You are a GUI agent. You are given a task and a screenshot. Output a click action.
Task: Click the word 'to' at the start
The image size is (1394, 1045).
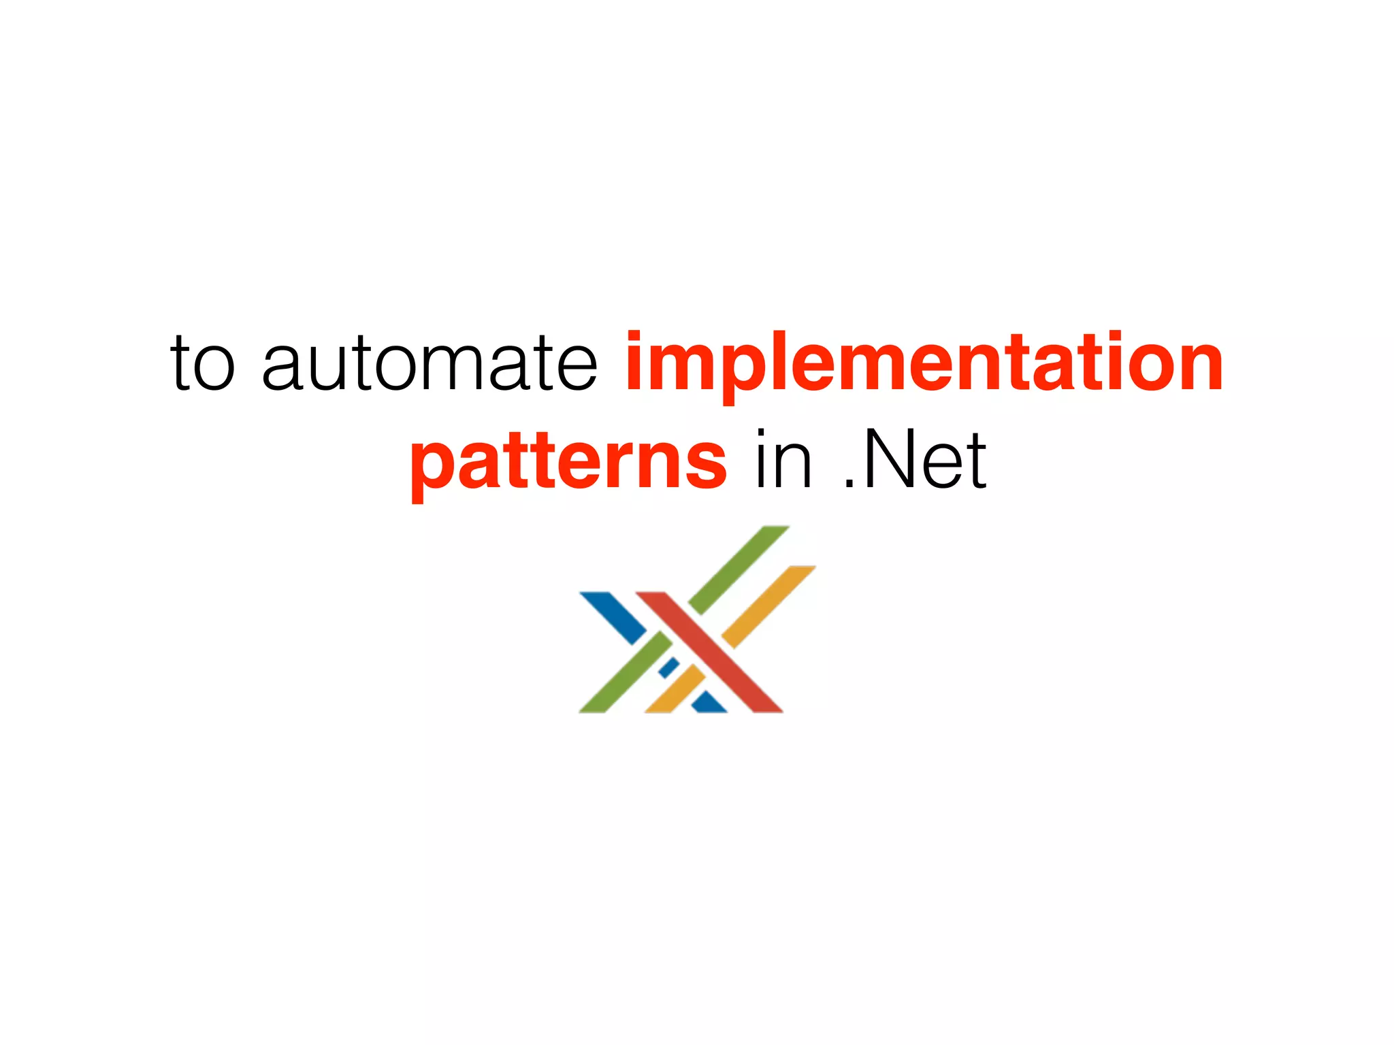[x=203, y=364]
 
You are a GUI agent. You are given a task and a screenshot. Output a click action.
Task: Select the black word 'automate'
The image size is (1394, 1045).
[x=429, y=364]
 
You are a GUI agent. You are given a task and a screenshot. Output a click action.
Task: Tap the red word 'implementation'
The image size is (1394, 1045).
[x=924, y=364]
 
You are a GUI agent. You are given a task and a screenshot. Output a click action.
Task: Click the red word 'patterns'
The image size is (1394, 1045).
[x=569, y=463]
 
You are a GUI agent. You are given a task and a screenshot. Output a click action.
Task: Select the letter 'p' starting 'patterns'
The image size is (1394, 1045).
[x=432, y=469]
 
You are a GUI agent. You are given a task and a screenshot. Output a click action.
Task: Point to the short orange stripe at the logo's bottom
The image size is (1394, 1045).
[x=674, y=690]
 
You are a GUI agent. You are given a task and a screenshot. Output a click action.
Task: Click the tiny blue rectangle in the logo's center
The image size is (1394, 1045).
[x=668, y=667]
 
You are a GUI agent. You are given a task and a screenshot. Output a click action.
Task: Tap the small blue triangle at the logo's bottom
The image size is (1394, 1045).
[x=709, y=703]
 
